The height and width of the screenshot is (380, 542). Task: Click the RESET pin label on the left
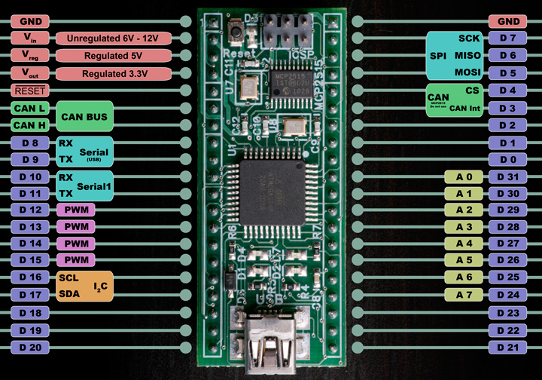tap(30, 90)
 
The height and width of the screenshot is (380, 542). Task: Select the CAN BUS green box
tap(84, 117)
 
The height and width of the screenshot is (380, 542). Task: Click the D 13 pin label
tap(30, 226)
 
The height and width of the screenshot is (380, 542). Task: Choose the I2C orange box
tap(85, 286)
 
